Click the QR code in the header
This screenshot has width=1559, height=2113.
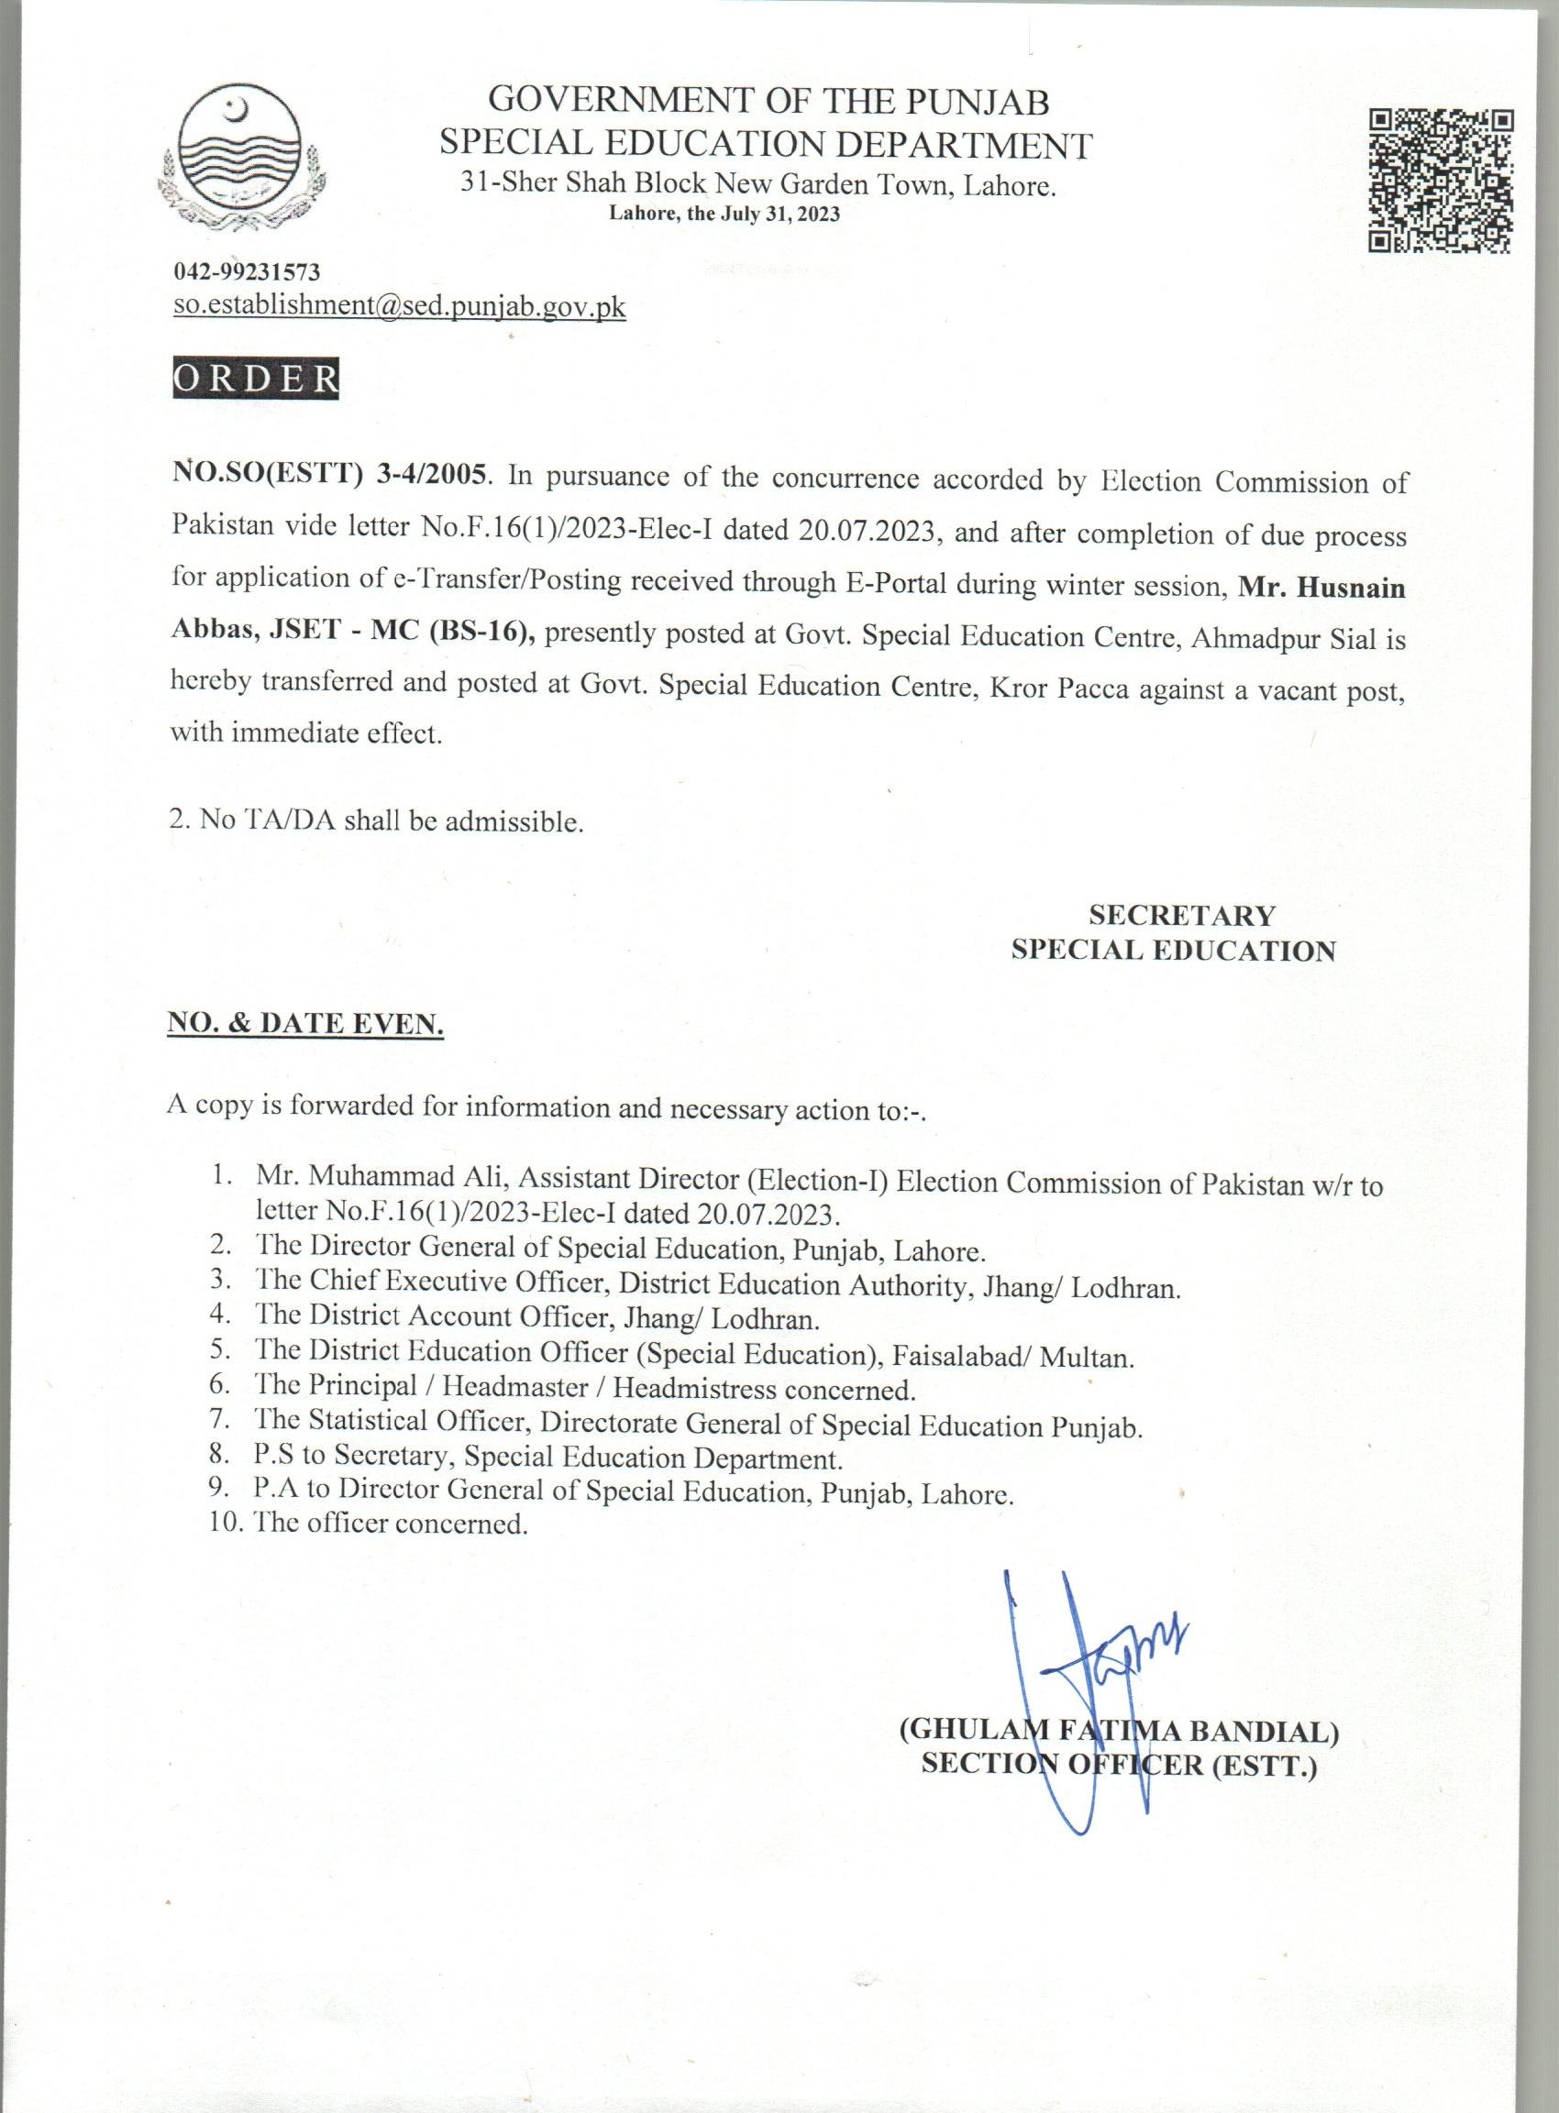point(1441,182)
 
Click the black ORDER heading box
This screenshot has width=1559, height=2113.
point(255,378)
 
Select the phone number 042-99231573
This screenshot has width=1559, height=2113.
point(248,273)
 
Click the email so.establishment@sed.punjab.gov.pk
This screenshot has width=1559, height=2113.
point(399,306)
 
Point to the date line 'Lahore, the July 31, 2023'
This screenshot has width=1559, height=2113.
point(724,214)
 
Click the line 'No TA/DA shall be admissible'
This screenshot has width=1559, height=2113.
point(377,820)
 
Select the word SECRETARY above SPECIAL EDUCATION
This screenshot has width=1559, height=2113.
point(1181,915)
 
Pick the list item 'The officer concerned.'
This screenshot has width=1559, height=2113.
point(390,1524)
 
